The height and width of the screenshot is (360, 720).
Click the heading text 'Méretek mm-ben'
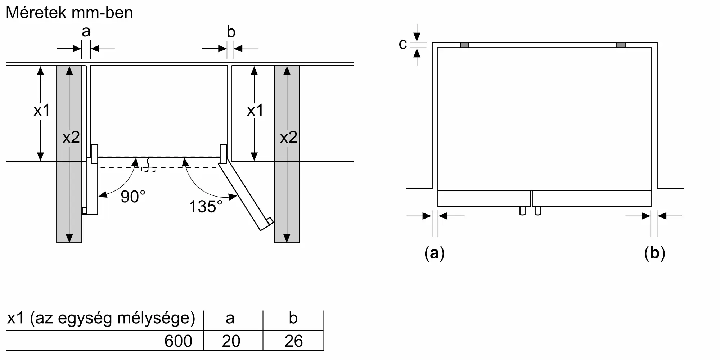pos(69,13)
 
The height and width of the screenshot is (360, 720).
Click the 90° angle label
pos(133,197)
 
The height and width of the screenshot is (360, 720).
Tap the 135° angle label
pos(206,207)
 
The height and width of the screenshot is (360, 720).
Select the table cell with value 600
pos(178,341)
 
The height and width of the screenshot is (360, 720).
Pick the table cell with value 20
pos(231,341)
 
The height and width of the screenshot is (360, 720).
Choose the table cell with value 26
pos(293,341)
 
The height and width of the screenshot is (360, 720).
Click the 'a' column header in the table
pos(230,318)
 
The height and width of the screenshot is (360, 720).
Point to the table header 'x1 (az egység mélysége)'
pos(101,318)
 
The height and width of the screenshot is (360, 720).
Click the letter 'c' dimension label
pos(403,44)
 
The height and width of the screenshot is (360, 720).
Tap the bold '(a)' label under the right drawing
pos(435,253)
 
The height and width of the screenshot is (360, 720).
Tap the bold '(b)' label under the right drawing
pos(654,253)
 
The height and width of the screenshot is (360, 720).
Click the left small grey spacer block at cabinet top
pos(465,45)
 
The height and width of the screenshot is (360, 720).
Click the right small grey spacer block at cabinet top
pos(621,45)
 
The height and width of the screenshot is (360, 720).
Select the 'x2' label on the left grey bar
pos(71,138)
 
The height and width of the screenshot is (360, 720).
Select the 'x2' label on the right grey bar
pos(288,138)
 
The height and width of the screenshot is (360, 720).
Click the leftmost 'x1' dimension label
pos(42,111)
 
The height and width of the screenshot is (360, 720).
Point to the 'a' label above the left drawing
pos(86,32)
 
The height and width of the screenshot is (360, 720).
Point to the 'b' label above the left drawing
pos(231,32)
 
